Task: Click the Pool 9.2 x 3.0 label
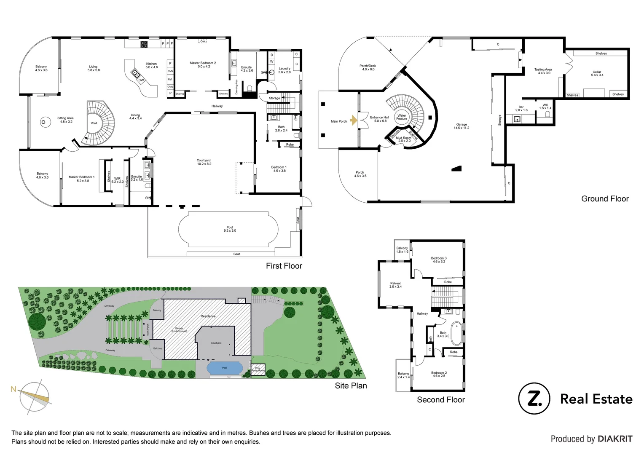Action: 230,229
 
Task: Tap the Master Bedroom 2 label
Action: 203,64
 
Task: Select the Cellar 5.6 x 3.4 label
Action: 597,73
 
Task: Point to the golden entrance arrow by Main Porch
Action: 354,121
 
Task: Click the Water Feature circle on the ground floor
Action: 402,117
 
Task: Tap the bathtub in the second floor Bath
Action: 456,333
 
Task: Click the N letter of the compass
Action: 13,389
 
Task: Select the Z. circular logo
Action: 534,399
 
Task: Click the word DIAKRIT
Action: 615,439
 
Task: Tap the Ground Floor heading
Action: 605,199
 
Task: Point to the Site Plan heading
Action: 351,385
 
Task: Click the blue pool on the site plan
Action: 224,368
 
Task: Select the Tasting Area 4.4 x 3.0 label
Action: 543,71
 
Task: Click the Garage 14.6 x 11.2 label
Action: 462,126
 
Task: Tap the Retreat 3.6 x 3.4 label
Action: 395,285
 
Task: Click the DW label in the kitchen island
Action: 141,80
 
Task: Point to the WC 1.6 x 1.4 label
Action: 545,107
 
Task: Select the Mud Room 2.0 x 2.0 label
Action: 403,139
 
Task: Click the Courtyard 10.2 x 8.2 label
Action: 204,162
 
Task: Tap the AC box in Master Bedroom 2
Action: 203,41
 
